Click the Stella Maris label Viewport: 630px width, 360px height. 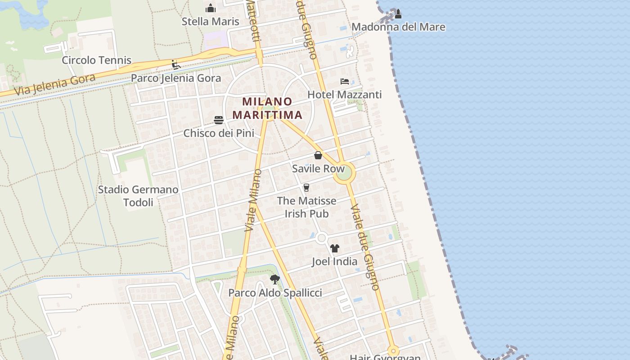[210, 22]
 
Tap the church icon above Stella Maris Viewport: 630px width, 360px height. [210, 8]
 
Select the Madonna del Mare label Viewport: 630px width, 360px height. [398, 27]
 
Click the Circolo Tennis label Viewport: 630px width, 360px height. [96, 60]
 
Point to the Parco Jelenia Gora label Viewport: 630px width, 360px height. [176, 78]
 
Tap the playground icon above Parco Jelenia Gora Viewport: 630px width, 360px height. [176, 65]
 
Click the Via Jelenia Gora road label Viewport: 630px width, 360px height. [55, 85]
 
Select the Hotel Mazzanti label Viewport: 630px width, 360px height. [344, 94]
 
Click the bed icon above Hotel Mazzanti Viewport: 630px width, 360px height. [345, 81]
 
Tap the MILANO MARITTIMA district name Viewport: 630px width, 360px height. [268, 108]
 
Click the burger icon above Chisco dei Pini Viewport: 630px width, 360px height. [219, 120]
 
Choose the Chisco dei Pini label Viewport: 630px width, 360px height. [219, 133]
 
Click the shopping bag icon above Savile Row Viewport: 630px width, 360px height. [318, 156]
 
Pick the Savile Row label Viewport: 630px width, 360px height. [318, 169]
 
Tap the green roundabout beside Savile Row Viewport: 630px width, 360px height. [344, 173]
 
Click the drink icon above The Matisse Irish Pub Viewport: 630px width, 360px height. [306, 188]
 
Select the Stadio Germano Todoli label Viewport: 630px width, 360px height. [138, 196]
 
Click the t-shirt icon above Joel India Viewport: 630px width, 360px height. [334, 248]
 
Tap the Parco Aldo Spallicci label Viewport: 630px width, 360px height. [275, 293]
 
